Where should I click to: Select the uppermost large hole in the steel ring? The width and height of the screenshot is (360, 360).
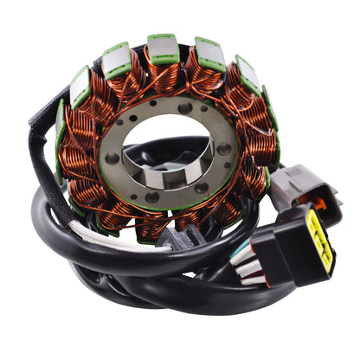coord(183,109)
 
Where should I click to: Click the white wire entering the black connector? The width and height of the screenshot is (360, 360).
coord(253,280)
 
